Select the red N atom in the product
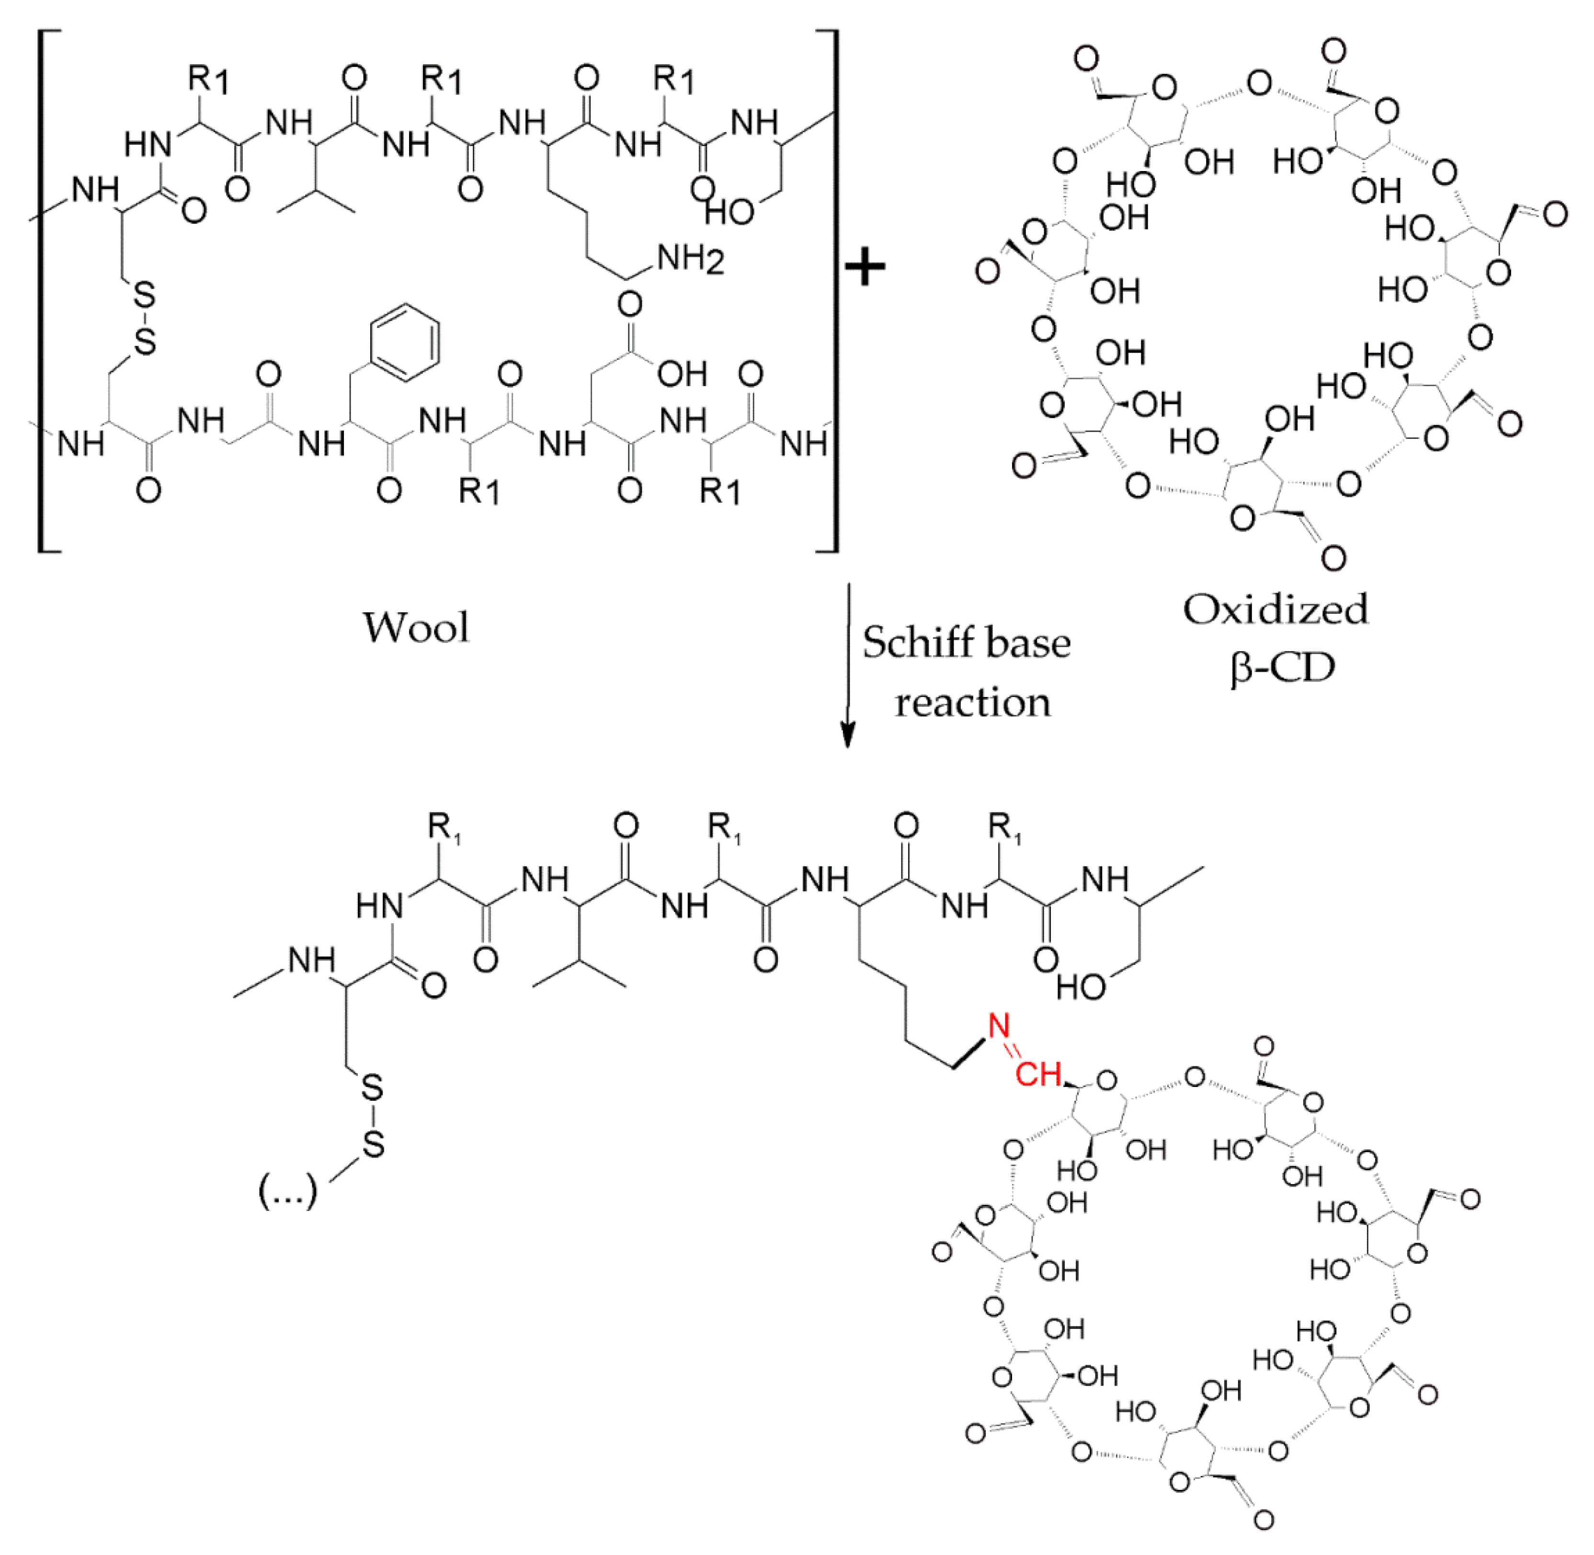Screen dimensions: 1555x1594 point(999,1026)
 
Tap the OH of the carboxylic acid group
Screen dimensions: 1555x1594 point(683,374)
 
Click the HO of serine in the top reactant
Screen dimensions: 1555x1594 point(729,212)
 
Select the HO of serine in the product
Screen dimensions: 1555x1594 point(1081,987)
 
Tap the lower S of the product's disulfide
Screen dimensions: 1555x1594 point(373,1144)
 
